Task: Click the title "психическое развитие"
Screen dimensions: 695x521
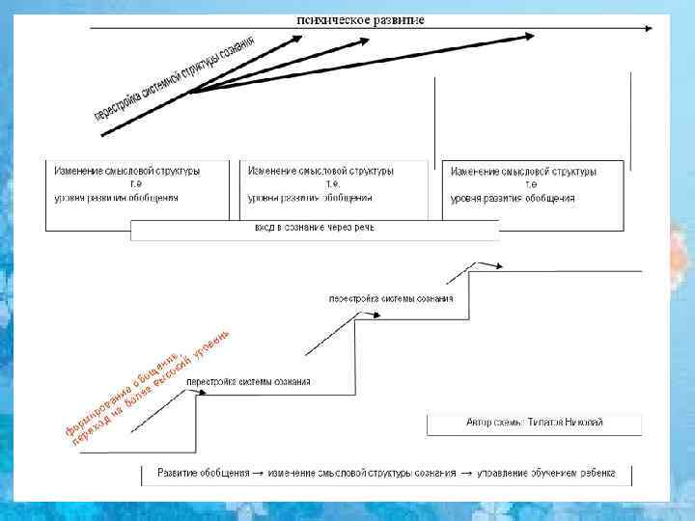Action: coord(359,19)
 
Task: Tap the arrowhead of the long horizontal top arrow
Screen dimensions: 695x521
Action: coord(650,29)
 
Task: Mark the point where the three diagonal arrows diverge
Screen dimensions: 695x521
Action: coord(192,92)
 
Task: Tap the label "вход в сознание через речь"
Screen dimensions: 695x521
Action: coord(314,229)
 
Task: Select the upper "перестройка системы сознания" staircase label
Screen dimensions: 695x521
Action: coord(391,298)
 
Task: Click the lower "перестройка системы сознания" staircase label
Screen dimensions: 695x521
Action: coord(248,382)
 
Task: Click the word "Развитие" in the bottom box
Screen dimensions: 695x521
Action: coord(178,474)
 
